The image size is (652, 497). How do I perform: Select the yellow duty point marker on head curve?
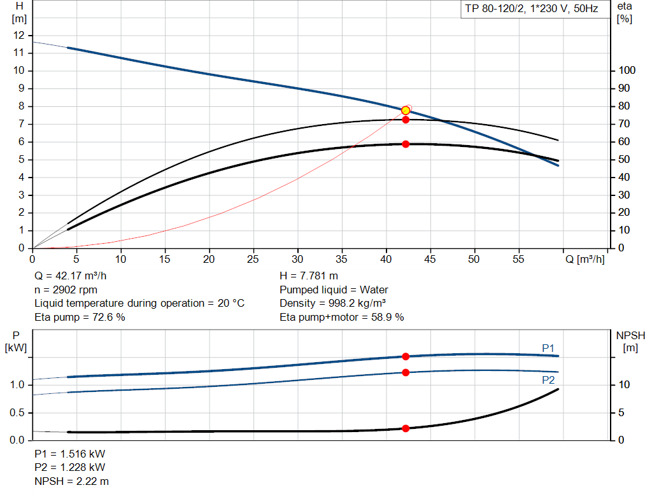pos(406,110)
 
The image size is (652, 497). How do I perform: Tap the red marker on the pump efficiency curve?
pos(406,120)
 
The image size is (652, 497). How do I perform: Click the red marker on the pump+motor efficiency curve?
pos(406,144)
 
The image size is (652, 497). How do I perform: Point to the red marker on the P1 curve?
pos(406,356)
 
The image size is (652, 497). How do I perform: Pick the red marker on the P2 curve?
pos(406,372)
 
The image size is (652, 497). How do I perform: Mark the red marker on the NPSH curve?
pos(406,428)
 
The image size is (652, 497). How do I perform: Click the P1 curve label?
pos(548,348)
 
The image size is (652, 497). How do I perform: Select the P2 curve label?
pos(548,380)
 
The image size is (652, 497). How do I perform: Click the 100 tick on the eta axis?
pos(626,71)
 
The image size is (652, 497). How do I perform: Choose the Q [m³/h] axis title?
pos(585,260)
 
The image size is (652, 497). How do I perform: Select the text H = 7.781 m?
pos(309,277)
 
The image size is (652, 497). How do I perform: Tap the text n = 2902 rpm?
pos(66,290)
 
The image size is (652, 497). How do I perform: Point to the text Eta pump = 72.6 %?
pos(80,317)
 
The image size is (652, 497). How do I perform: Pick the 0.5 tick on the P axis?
pos(17,413)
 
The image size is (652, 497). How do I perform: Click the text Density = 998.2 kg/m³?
pos(334,304)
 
